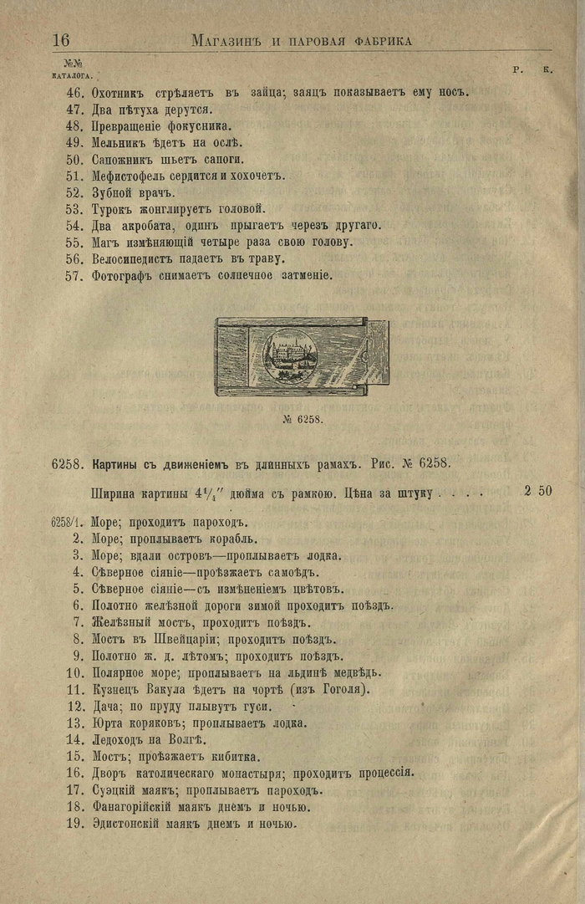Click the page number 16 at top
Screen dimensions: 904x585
pos(61,40)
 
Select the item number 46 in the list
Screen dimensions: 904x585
pos(74,92)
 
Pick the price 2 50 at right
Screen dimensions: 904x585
pos(537,491)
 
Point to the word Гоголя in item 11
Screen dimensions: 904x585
pos(343,689)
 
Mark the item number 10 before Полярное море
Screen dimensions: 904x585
pos(74,672)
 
